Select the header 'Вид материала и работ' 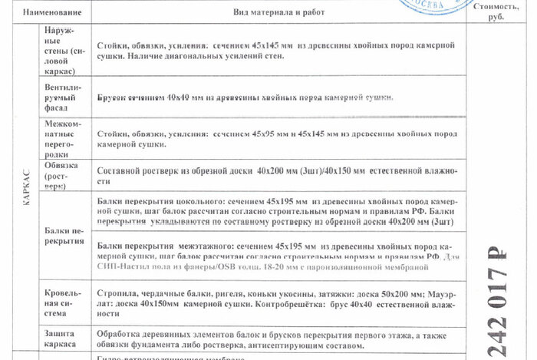click(x=267, y=12)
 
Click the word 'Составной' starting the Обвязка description click(x=120, y=170)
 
